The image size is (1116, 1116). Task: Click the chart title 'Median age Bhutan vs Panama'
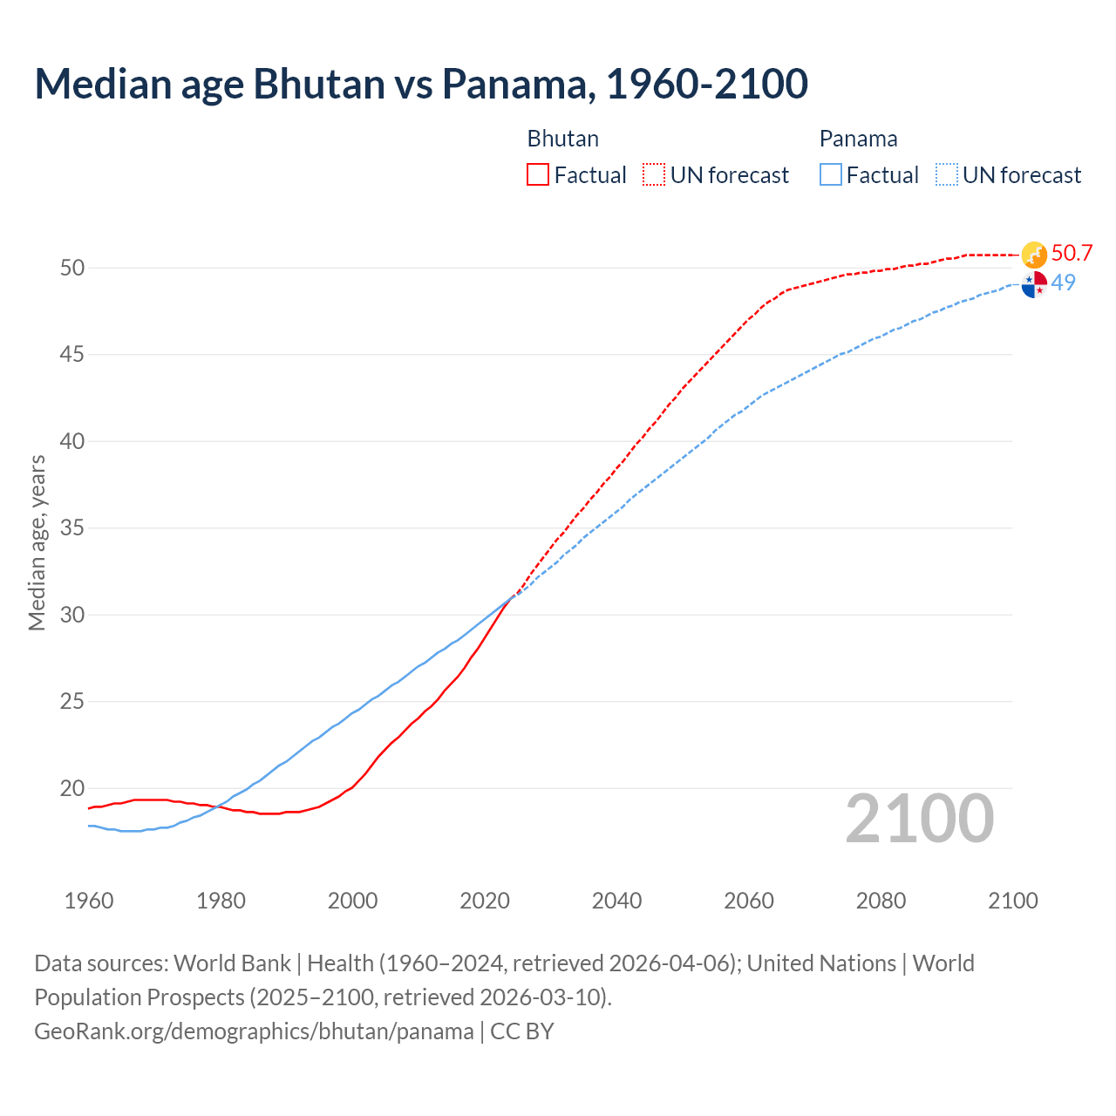pyautogui.click(x=421, y=84)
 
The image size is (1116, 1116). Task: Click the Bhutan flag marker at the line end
pyautogui.click(x=1034, y=255)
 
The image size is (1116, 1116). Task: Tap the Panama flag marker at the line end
pyautogui.click(x=1034, y=284)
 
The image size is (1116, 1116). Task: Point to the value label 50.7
pyautogui.click(x=1072, y=254)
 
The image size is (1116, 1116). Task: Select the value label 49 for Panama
pyautogui.click(x=1063, y=282)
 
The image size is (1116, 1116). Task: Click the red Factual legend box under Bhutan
pyautogui.click(x=538, y=175)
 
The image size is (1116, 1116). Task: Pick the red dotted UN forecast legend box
pyautogui.click(x=654, y=175)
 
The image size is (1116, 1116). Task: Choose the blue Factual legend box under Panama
pyautogui.click(x=831, y=175)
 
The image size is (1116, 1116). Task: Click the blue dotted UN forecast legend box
pyautogui.click(x=947, y=175)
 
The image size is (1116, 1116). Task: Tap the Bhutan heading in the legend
pyautogui.click(x=562, y=139)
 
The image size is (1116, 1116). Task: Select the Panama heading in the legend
pyautogui.click(x=858, y=139)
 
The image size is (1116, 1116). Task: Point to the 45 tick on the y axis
pyautogui.click(x=72, y=355)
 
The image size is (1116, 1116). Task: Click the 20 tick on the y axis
pyautogui.click(x=72, y=789)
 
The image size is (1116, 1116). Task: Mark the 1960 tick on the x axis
pyautogui.click(x=89, y=901)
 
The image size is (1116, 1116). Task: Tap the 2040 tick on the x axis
pyautogui.click(x=616, y=901)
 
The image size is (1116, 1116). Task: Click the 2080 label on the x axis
pyautogui.click(x=881, y=901)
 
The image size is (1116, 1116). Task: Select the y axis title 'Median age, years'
pyautogui.click(x=37, y=542)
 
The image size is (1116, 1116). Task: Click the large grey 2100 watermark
pyautogui.click(x=919, y=818)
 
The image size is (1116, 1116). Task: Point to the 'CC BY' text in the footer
pyautogui.click(x=521, y=1031)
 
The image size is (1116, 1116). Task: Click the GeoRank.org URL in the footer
pyautogui.click(x=254, y=1031)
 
